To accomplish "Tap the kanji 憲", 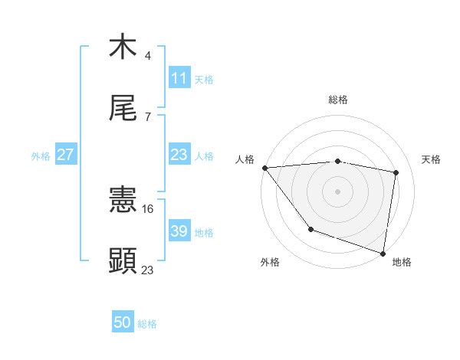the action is [123, 201].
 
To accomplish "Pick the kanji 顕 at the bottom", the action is [123, 260].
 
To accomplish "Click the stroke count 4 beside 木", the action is [148, 55].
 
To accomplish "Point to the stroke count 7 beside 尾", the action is [148, 117].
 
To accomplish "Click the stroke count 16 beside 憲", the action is [149, 208].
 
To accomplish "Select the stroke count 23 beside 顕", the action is [148, 270].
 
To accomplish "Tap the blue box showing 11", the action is [179, 78].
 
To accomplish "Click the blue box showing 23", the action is [179, 155].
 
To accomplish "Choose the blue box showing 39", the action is [179, 231].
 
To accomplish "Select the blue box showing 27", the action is [66, 155].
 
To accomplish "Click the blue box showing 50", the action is [123, 323].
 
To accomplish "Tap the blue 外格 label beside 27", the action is [41, 156].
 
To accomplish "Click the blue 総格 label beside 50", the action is [147, 325].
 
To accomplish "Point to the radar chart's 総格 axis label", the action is [338, 100].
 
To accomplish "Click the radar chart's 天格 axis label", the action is [432, 159].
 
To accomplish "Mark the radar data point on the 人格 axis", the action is [264, 168].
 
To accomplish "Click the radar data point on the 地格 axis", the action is [383, 252].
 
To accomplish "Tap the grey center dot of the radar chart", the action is [337, 191].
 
